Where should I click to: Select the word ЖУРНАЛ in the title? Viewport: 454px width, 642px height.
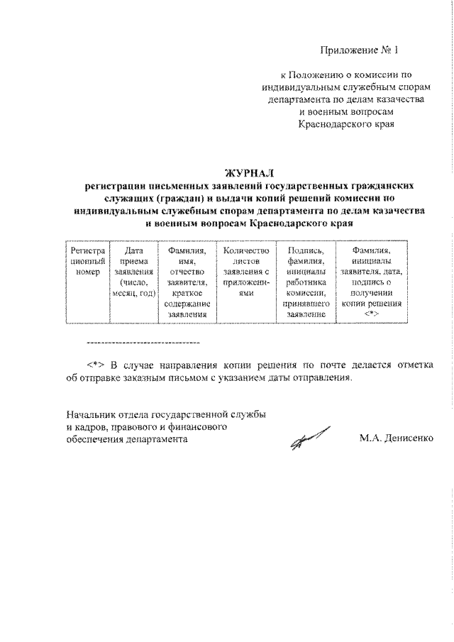point(248,172)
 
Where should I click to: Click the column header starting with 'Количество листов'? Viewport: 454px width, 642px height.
point(246,271)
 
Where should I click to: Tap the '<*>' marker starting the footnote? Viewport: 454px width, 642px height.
point(96,365)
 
